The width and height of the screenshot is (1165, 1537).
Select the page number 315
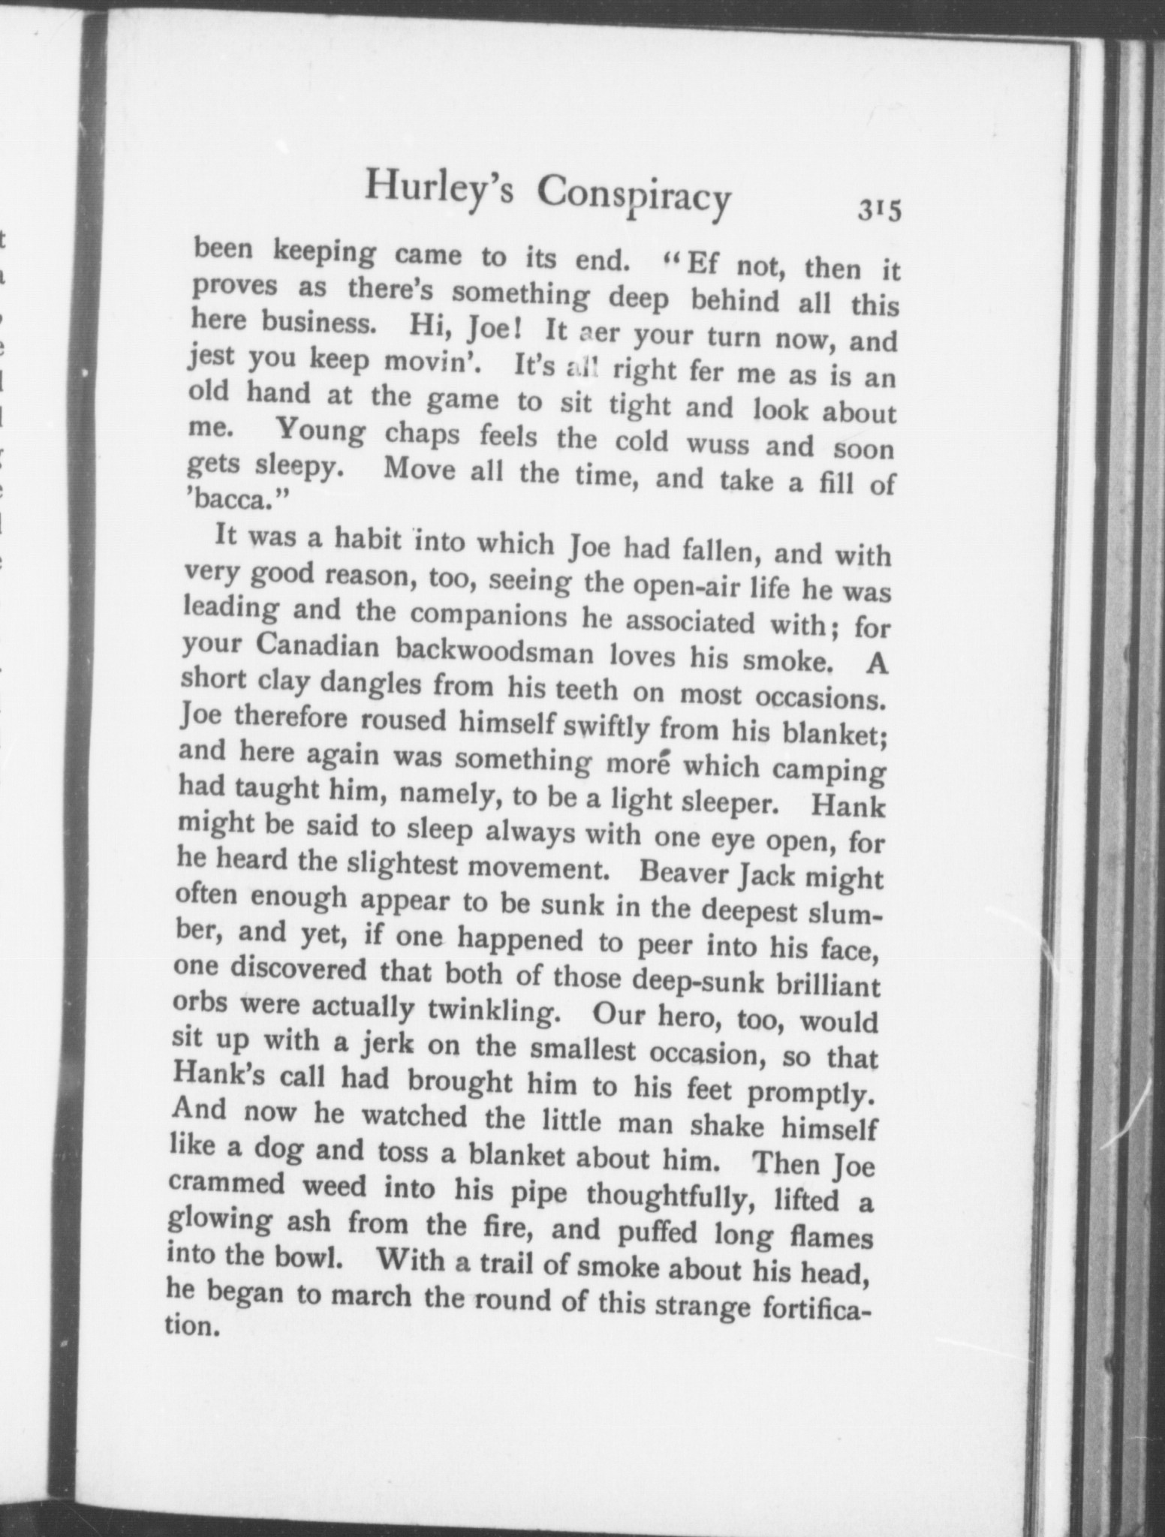(x=879, y=210)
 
